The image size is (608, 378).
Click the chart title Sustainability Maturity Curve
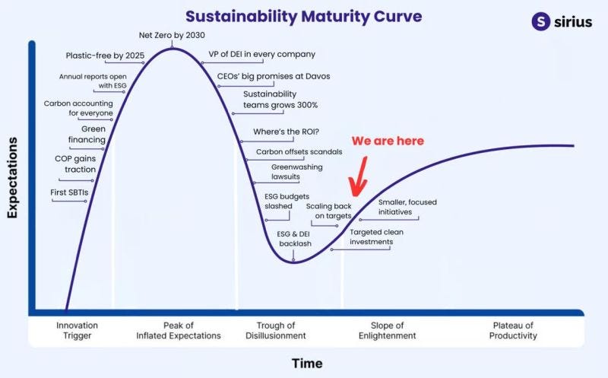(x=303, y=17)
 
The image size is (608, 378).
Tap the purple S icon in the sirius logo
(x=541, y=21)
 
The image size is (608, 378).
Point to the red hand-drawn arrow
(x=359, y=176)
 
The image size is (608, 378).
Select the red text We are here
(x=388, y=141)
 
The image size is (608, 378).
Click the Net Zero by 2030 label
(x=172, y=35)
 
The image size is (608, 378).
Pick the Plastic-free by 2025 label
(x=105, y=56)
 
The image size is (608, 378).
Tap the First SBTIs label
(x=69, y=192)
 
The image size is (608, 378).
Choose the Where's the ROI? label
(x=287, y=132)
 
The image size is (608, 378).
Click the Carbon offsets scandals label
(x=299, y=152)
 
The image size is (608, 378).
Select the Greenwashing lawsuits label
(x=296, y=172)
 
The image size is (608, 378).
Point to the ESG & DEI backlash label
(x=295, y=239)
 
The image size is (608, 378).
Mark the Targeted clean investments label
(x=376, y=237)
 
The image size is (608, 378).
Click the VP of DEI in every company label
(x=261, y=54)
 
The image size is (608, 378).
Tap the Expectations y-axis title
(x=12, y=177)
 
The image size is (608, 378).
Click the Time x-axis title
(x=307, y=364)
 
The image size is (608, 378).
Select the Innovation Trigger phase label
(x=78, y=330)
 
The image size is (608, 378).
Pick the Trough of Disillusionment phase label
(x=276, y=330)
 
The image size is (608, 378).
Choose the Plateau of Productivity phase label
(x=513, y=330)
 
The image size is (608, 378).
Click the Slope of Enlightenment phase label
(x=387, y=330)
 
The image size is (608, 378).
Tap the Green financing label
(x=87, y=135)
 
